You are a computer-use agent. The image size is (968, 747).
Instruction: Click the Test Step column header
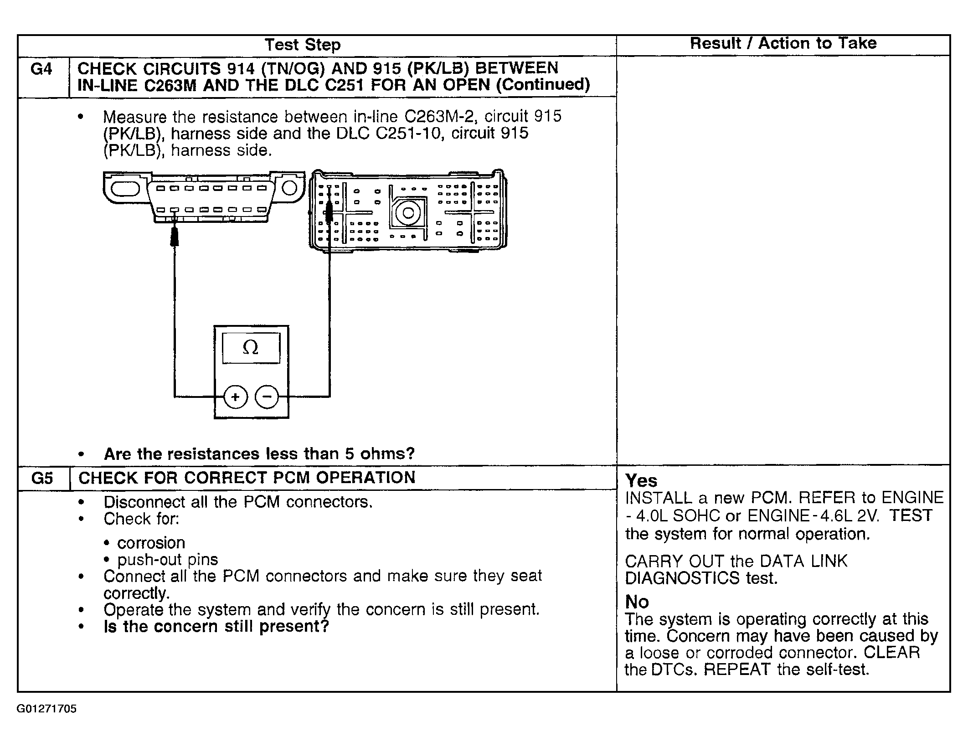302,45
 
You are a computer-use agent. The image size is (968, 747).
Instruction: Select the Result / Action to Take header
783,43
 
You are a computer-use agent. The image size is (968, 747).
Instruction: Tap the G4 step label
41,69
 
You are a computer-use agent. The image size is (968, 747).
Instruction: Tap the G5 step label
42,478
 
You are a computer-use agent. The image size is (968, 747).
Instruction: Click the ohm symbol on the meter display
251,348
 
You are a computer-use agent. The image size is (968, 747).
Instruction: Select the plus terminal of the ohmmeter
235,397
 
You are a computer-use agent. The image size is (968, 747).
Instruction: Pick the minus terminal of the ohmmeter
267,397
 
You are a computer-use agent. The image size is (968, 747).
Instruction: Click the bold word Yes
641,480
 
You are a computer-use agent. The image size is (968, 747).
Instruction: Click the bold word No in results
637,602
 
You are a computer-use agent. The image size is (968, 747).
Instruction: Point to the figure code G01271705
46,709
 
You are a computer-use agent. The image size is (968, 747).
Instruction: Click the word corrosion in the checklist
151,543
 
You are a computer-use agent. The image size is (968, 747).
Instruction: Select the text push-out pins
167,560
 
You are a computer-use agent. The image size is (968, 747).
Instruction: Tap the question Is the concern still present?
216,627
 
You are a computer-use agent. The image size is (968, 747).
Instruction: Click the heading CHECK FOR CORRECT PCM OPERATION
247,478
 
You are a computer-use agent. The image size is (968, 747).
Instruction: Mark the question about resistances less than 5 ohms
259,454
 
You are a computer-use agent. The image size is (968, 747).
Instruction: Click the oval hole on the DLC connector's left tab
124,187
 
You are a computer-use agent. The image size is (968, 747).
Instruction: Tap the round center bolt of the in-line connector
408,213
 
